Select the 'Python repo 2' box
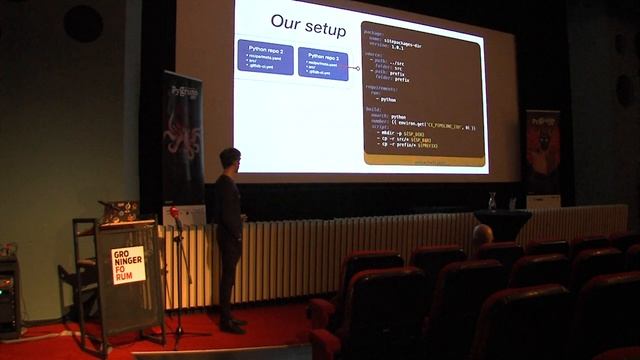(x=265, y=56)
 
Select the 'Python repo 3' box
(x=322, y=63)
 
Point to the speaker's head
(x=231, y=159)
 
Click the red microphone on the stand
(x=175, y=213)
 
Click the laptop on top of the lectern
(x=119, y=211)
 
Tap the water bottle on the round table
(x=492, y=201)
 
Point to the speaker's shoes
(x=232, y=325)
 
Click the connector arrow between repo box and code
(x=354, y=68)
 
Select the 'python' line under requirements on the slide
(x=387, y=100)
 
